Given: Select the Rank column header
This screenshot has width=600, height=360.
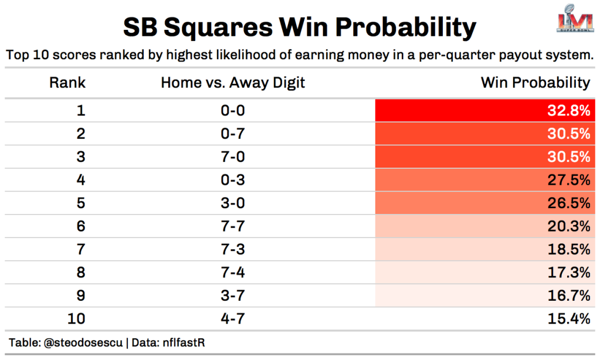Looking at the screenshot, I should click(67, 83).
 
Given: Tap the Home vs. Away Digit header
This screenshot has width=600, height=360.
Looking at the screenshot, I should click(233, 83).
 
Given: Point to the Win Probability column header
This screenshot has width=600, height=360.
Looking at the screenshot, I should click(535, 83).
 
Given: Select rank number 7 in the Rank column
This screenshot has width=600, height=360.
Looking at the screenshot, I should click(81, 249).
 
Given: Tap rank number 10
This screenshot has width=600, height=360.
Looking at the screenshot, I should click(76, 319).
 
